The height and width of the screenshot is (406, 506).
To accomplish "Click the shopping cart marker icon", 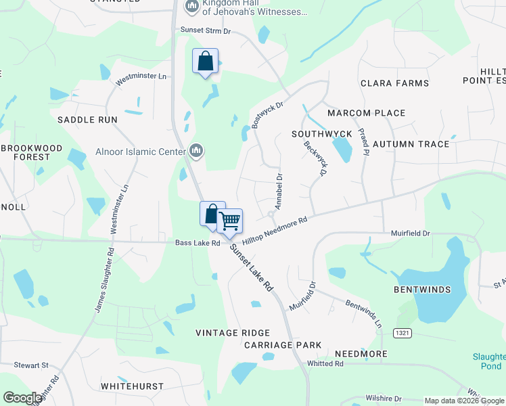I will pos(230,221).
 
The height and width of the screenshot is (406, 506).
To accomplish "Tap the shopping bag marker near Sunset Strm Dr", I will pos(206,62).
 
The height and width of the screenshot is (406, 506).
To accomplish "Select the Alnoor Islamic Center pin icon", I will pos(196,150).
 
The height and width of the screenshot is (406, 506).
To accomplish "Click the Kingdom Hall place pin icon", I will pos(191,7).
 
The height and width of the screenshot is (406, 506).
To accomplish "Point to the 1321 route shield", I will pos(402,333).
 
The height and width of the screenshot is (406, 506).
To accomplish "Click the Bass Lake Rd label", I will pos(198,242).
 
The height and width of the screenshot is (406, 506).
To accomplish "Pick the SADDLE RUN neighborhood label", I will pos(87,120).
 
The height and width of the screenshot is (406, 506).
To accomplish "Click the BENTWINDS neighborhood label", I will pos(422,290).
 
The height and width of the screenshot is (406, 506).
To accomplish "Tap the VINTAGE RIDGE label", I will pos(233,333).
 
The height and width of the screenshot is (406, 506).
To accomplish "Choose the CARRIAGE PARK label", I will pos(283,345).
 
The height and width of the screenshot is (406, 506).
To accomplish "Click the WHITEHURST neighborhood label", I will pos(133,386).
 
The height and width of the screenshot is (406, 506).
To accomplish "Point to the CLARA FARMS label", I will pos(394,83).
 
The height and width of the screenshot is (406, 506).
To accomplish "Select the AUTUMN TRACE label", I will pos(411,144).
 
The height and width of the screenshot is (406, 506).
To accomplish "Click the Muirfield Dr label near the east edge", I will pos(411,233).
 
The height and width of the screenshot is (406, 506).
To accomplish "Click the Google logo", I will pos(22,398).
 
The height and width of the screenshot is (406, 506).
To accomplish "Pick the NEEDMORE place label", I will pos(361,354).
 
